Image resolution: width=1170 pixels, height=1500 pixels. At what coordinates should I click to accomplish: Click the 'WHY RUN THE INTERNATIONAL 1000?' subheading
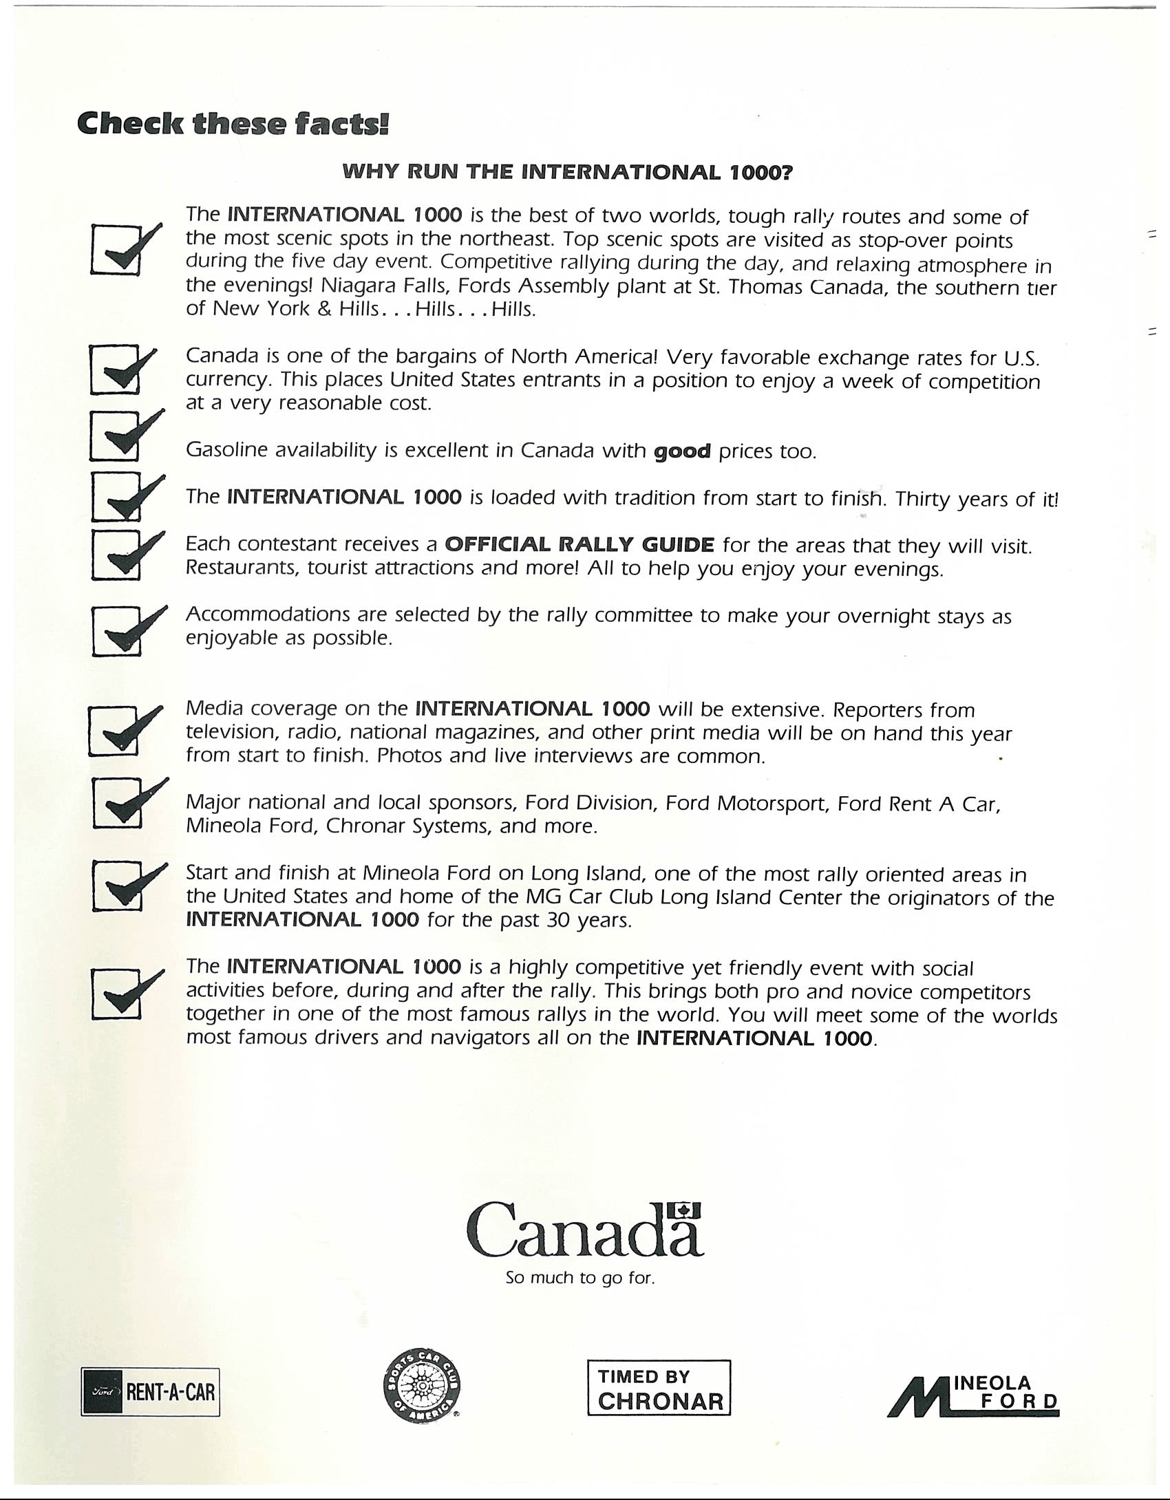(568, 172)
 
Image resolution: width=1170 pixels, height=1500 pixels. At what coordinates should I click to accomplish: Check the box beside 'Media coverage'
(115, 731)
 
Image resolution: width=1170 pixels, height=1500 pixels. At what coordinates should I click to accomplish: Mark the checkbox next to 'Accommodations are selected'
(116, 631)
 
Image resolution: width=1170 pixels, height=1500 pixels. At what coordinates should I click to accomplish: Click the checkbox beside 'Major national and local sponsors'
(116, 804)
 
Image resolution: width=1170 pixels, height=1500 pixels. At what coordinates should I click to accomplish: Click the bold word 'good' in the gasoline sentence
(682, 452)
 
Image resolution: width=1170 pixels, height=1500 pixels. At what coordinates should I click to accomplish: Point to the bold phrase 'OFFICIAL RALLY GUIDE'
(579, 545)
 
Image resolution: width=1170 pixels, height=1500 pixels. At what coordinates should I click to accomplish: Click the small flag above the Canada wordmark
(684, 1210)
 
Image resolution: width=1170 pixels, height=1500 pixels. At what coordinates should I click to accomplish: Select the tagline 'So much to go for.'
(579, 1278)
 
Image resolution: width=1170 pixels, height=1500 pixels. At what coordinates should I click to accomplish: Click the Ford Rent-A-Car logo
(150, 1392)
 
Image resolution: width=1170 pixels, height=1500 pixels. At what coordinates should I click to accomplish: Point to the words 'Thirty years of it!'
(977, 499)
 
